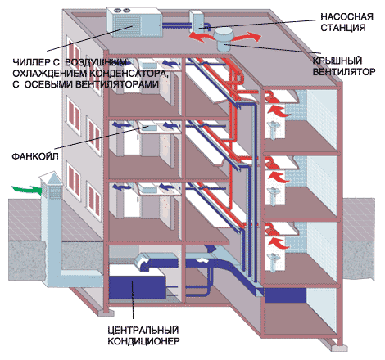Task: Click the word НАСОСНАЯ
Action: point(346,16)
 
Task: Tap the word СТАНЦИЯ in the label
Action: point(343,28)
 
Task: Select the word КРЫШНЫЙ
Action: point(337,61)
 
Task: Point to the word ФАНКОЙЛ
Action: point(35,156)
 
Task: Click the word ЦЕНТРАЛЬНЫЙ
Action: point(143,330)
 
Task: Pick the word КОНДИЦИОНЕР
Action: point(144,341)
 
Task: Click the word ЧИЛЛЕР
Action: point(30,62)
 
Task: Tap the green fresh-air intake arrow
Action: point(27,189)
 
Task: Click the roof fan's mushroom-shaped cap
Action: point(223,34)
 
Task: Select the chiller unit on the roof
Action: point(134,22)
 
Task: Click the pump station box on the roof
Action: point(197,21)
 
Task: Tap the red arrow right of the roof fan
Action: point(247,37)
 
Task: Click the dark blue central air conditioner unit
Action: point(137,287)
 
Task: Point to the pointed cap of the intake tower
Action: point(51,177)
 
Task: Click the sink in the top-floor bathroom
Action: point(273,128)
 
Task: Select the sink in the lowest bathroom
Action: point(273,259)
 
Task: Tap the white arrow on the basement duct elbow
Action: point(143,263)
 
